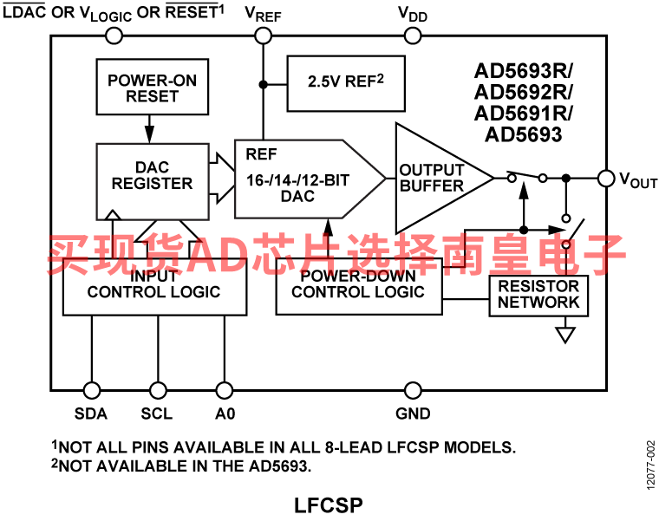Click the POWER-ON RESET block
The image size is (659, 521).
point(152,87)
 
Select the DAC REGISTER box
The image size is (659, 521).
point(153,181)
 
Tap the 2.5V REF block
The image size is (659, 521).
point(346,83)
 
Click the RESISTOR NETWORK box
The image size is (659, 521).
point(538,296)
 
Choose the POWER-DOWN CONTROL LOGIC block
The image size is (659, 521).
point(359,287)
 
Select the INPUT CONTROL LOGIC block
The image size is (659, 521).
point(154,287)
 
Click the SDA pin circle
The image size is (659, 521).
point(92,390)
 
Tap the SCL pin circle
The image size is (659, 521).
point(158,390)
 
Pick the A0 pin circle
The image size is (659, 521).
point(224,390)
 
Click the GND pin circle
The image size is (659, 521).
point(413,390)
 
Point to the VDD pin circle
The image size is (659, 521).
point(413,36)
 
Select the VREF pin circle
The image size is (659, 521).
point(263,36)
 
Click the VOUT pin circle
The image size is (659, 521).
point(606,179)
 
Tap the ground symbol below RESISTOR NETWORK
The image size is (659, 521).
point(565,335)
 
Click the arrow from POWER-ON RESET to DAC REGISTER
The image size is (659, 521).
point(149,129)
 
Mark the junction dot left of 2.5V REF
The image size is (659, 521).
point(263,84)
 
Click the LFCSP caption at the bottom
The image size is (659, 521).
point(329,505)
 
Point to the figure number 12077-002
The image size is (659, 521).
point(650,465)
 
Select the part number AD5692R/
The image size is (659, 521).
point(523,92)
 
